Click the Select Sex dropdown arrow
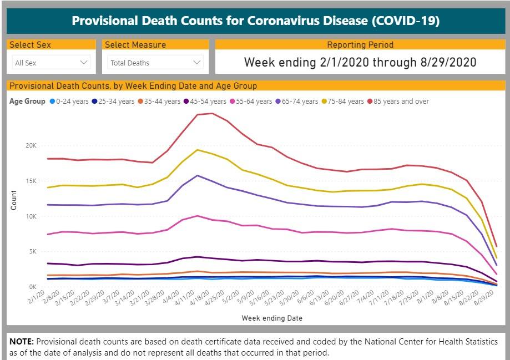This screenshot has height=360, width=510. click(84, 63)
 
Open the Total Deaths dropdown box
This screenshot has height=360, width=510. click(155, 63)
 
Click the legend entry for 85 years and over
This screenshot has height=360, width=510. click(401, 102)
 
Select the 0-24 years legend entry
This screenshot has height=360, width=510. click(69, 102)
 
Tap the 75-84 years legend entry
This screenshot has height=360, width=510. click(346, 102)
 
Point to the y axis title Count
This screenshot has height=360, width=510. click(14, 200)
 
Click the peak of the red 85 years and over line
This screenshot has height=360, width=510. click(212, 113)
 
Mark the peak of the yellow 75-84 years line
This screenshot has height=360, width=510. click(198, 150)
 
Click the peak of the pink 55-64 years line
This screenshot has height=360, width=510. click(198, 216)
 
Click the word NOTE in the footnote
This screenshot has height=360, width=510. click(22, 341)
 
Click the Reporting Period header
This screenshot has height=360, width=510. click(360, 45)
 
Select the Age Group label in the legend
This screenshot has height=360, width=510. click(27, 102)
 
